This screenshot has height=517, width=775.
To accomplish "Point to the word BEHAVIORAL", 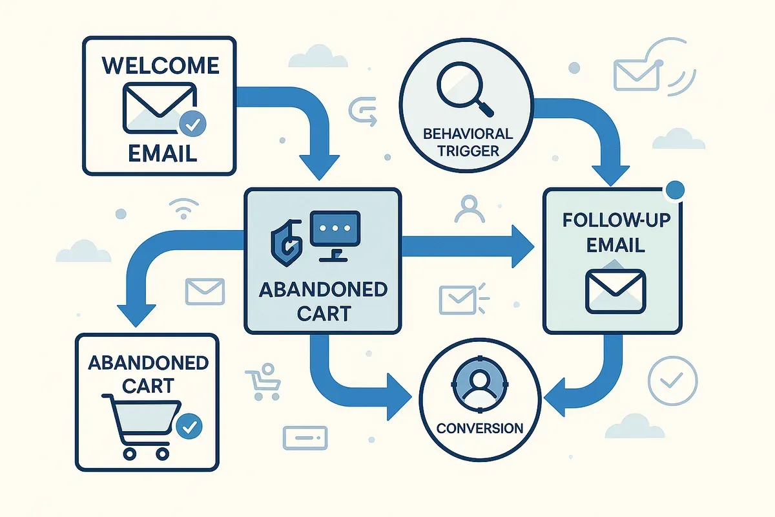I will coord(468,134).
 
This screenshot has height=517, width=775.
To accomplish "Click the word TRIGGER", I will coord(468,153).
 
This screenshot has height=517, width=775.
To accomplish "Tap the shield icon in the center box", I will coord(285,236).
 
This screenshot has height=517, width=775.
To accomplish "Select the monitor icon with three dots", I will coord(335,233).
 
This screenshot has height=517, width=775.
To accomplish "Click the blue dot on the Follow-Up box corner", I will coord(674,189).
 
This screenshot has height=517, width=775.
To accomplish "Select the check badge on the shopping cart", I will coord(189,426).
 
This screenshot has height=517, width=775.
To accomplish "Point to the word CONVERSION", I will coord(479,428).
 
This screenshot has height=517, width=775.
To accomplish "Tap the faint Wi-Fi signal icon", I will coord(181,209).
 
